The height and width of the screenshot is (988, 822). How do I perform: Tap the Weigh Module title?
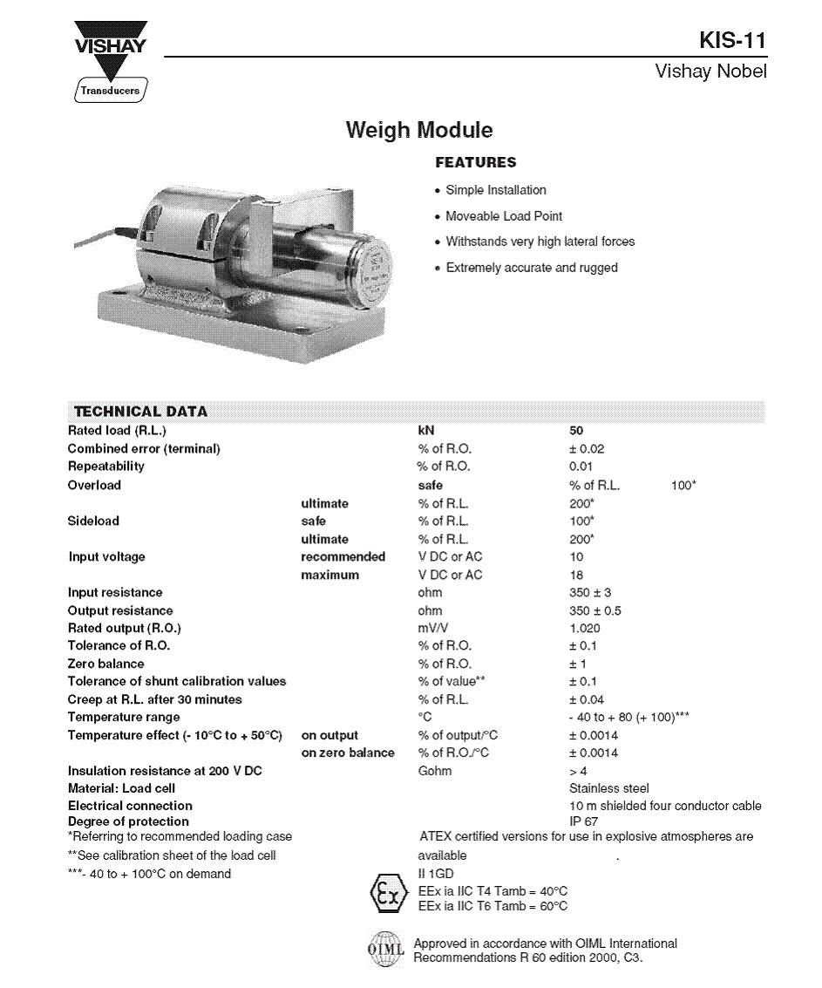pos(419,131)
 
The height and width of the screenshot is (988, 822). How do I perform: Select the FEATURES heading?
pos(475,162)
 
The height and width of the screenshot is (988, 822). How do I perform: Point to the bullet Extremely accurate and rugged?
pos(531,268)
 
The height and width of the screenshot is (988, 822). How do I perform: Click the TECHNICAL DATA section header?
pos(140,412)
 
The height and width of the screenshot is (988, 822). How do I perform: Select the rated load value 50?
pos(576,431)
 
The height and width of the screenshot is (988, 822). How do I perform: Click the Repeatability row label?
pos(106,467)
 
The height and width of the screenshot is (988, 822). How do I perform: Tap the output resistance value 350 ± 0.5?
pos(595,611)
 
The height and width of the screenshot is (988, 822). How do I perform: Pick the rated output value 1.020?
pos(584,629)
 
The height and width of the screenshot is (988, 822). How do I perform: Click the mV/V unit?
pos(434,629)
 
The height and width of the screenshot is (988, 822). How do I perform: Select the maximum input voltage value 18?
pos(576,576)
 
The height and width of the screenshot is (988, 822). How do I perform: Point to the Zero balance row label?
pos(106,664)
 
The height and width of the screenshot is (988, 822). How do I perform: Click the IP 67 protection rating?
pos(583,821)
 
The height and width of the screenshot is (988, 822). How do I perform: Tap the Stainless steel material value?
pos(608,788)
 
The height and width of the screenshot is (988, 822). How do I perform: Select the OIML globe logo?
pos(385,950)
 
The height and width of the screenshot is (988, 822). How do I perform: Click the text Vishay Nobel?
pos(710,72)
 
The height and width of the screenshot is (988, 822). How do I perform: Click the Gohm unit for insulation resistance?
pos(435,771)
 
